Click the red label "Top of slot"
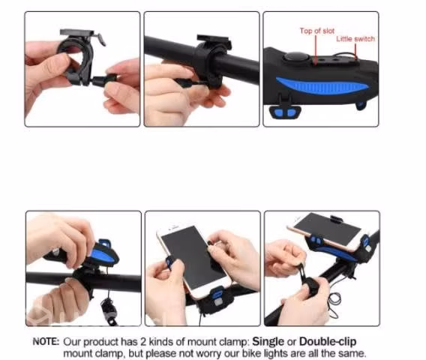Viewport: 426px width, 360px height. [x=317, y=31]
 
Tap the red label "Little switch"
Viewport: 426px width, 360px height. [x=355, y=39]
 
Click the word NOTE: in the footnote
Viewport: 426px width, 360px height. [x=46, y=341]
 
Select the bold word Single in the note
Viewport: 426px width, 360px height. [x=268, y=341]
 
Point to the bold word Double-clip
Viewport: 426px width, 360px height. [x=328, y=341]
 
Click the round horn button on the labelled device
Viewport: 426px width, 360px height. [x=296, y=58]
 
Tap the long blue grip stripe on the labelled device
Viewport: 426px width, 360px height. [x=322, y=85]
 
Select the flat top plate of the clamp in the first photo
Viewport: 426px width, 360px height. [x=77, y=32]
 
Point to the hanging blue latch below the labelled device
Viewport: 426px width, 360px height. [x=285, y=112]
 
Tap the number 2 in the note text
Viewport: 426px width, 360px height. [x=143, y=342]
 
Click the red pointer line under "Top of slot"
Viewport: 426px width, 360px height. [x=316, y=50]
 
